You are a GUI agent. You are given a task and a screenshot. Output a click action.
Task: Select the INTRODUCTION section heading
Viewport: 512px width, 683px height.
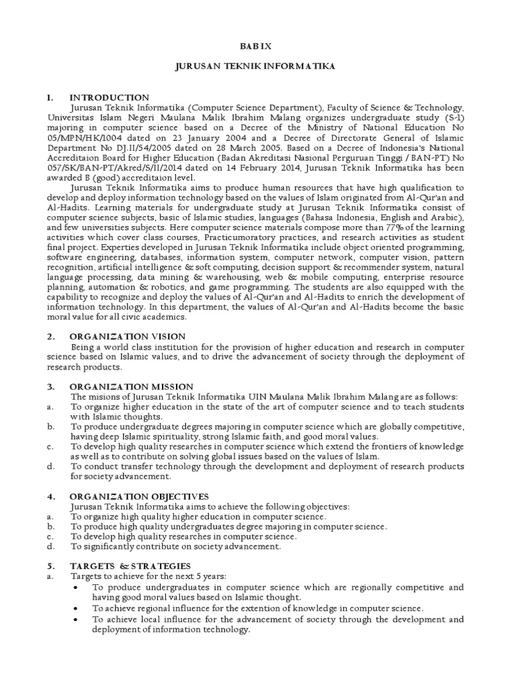tap(109, 97)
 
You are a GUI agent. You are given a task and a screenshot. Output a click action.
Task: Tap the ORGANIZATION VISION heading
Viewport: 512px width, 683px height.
tap(127, 336)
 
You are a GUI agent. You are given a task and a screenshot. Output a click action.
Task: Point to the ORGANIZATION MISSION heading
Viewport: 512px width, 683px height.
tap(131, 386)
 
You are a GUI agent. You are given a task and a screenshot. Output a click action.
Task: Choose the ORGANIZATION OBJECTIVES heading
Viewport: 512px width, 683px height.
tap(139, 496)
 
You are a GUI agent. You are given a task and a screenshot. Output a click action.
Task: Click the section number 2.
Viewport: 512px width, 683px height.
tap(50, 336)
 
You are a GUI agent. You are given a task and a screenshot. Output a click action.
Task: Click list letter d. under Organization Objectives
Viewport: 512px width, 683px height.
tap(50, 546)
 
